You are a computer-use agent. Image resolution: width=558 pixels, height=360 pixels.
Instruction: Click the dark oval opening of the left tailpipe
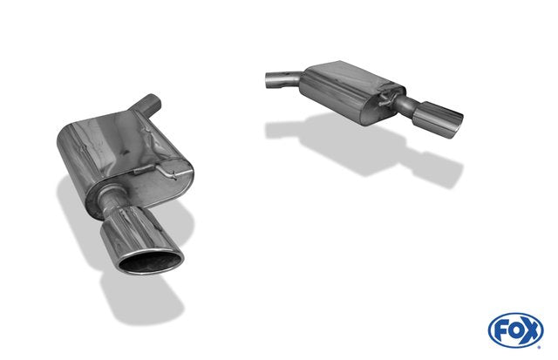coord(150,263)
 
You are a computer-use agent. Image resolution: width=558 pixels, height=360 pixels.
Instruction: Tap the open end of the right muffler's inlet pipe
coord(268,80)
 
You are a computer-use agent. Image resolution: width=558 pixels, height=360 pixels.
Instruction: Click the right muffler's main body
coord(352,92)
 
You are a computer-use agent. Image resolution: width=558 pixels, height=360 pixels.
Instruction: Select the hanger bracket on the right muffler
coord(387,98)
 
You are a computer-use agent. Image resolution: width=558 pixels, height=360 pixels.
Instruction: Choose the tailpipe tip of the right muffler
coord(438,119)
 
